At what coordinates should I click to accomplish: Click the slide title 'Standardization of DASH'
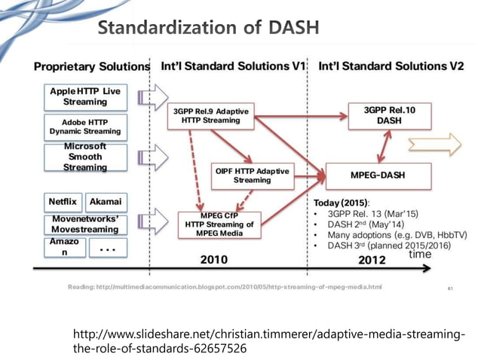pos(209,28)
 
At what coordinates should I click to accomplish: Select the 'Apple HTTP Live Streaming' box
pos(84,96)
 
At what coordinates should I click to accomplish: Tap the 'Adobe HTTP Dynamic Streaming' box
pos(84,125)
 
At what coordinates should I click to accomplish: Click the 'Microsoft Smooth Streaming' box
pos(84,157)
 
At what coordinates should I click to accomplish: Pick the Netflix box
pos(63,202)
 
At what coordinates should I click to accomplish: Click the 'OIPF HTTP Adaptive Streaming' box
pos(252,175)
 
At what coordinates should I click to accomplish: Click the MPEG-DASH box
pos(378,175)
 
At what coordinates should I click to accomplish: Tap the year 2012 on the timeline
pos(372,260)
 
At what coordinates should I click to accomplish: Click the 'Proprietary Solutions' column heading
pos(91,66)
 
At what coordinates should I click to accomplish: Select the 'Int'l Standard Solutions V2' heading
pos(391,66)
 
